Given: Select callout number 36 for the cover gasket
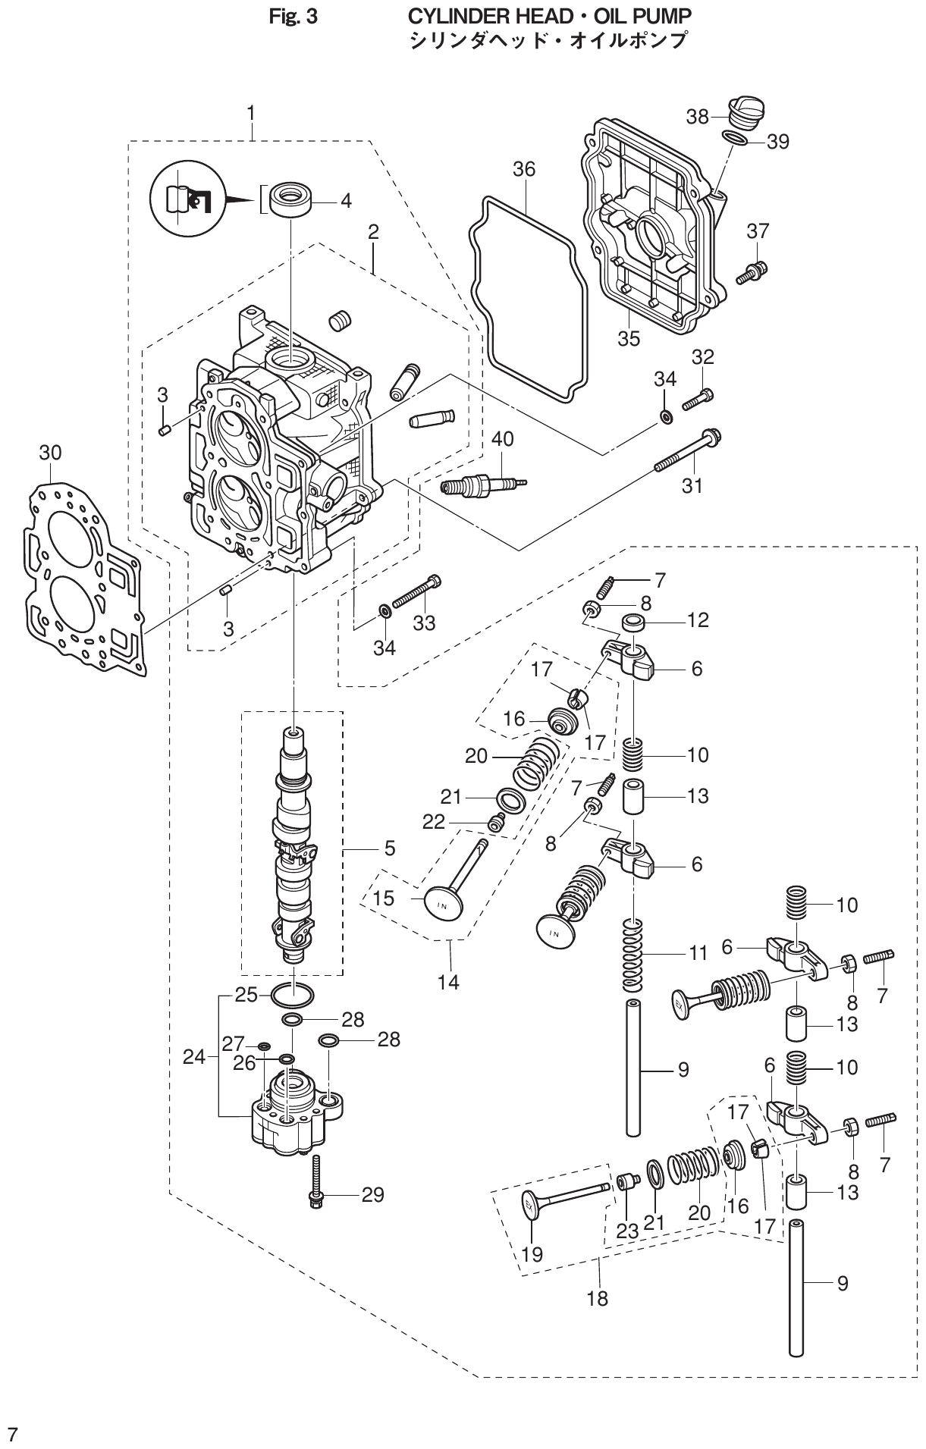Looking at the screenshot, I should click(523, 169).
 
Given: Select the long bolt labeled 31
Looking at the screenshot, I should click(686, 451).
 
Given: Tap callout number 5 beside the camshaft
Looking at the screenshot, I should click(389, 848).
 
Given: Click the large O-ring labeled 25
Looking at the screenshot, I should click(293, 993).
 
